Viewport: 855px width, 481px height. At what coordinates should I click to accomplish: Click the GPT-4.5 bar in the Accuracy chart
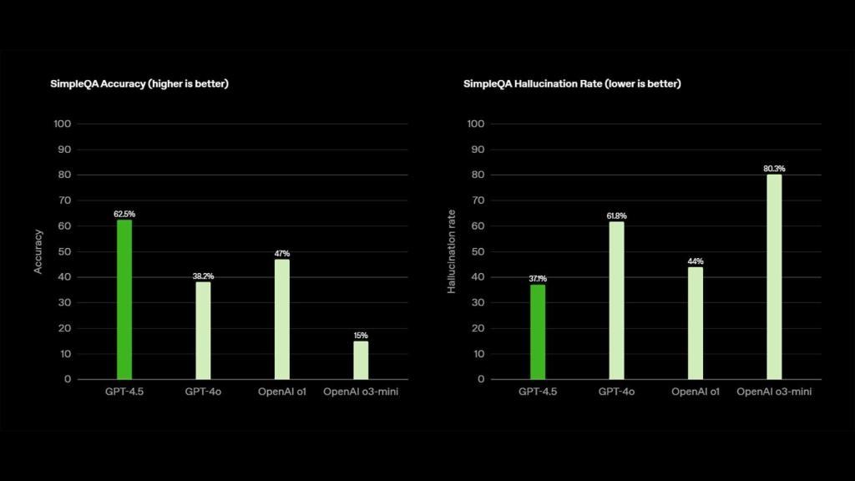(x=124, y=299)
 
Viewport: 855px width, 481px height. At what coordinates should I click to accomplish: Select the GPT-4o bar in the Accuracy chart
(x=203, y=331)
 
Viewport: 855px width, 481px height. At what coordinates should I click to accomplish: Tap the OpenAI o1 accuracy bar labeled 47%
(x=282, y=319)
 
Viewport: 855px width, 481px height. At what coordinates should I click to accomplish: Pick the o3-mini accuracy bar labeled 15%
(x=361, y=360)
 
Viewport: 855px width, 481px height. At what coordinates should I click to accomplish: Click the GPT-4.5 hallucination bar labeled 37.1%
(x=538, y=332)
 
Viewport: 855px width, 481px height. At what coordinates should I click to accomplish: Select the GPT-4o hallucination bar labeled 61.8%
(x=616, y=300)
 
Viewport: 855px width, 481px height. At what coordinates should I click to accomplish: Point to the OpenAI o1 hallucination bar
(x=696, y=322)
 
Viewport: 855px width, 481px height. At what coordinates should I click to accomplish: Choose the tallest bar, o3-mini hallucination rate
(x=774, y=276)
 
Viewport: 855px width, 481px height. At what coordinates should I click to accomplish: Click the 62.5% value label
(x=124, y=214)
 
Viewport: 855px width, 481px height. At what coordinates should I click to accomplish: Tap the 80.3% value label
(x=774, y=169)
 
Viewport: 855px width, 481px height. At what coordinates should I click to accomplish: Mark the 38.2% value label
(x=203, y=276)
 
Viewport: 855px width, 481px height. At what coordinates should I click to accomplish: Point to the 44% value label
(x=696, y=261)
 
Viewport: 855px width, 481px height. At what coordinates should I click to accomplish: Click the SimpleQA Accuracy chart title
(x=139, y=84)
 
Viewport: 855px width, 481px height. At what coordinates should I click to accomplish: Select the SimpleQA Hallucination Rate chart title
(x=572, y=84)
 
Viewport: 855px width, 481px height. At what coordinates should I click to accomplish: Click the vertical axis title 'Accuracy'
(x=38, y=251)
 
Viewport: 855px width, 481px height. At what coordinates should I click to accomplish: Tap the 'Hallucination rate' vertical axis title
(x=451, y=251)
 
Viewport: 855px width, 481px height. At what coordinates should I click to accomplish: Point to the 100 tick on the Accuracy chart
(x=63, y=124)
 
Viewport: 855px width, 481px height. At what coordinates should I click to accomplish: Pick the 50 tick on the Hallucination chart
(x=477, y=251)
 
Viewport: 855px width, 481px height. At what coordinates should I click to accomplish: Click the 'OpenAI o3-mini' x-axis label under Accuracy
(x=361, y=392)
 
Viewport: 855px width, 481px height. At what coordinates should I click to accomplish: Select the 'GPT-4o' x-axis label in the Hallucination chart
(x=616, y=392)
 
